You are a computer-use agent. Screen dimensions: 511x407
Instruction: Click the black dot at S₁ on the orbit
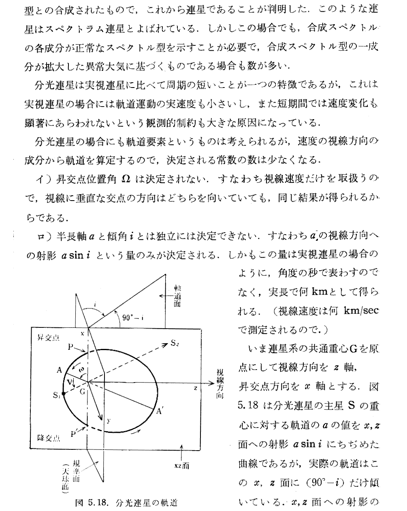click(x=64, y=393)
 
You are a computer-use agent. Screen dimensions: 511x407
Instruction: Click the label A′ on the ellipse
click(x=160, y=412)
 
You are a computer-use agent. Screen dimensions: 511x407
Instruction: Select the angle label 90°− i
click(x=133, y=318)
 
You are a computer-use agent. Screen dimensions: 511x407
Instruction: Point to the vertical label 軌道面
click(x=177, y=295)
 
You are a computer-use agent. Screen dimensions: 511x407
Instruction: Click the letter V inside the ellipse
click(x=70, y=381)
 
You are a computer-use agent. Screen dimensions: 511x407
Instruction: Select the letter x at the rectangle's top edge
click(x=82, y=334)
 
